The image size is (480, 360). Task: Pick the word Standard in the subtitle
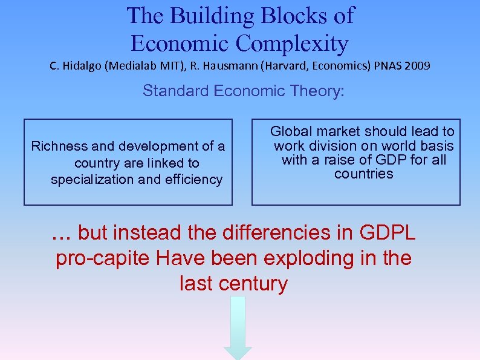click(x=176, y=91)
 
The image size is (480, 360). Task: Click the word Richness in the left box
click(x=55, y=146)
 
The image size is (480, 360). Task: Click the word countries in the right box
click(x=364, y=174)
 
